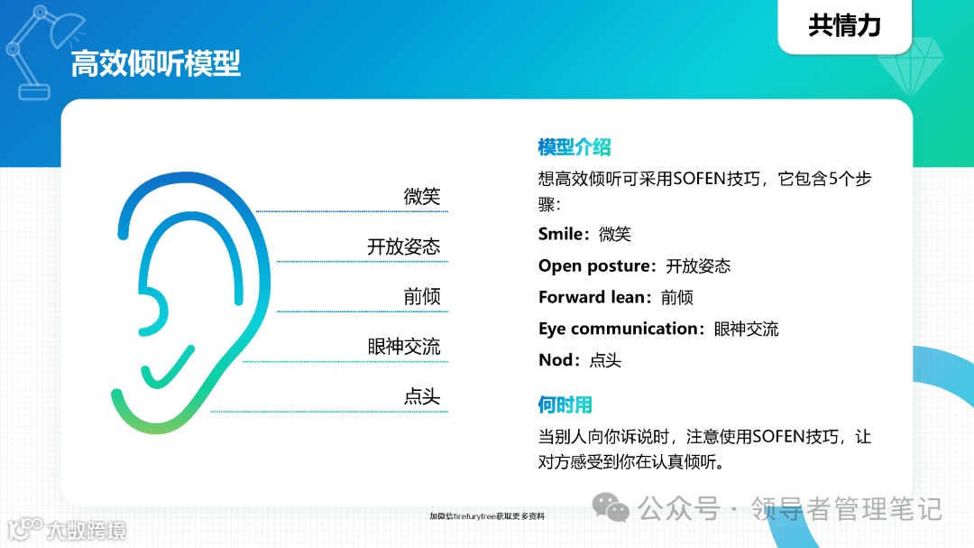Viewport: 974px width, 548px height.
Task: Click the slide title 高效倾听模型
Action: coord(156,65)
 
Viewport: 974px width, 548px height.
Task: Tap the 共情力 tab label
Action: coord(844,25)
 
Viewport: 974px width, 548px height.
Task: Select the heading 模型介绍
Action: coord(574,147)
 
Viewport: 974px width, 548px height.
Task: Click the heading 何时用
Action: coord(565,404)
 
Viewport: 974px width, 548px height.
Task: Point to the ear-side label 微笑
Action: coord(422,197)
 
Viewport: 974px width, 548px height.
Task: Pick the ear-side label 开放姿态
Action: coord(403,246)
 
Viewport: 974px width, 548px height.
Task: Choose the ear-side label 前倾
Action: coord(422,297)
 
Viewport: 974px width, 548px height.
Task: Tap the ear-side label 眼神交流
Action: coord(403,347)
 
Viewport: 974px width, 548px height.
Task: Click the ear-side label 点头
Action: coord(422,396)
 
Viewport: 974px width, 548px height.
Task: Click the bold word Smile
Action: coord(560,234)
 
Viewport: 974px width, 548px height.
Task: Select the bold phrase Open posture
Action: coord(595,265)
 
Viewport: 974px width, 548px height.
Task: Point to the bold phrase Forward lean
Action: coord(594,297)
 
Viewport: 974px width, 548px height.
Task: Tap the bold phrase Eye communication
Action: coord(619,329)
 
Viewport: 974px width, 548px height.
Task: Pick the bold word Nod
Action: coord(555,360)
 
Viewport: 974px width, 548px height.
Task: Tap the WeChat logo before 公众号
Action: coord(617,510)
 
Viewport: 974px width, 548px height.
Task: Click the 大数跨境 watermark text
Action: coord(87,529)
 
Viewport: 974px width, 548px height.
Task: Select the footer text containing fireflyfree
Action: coord(487,516)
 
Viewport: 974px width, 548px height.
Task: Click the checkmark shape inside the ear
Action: coord(168,366)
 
